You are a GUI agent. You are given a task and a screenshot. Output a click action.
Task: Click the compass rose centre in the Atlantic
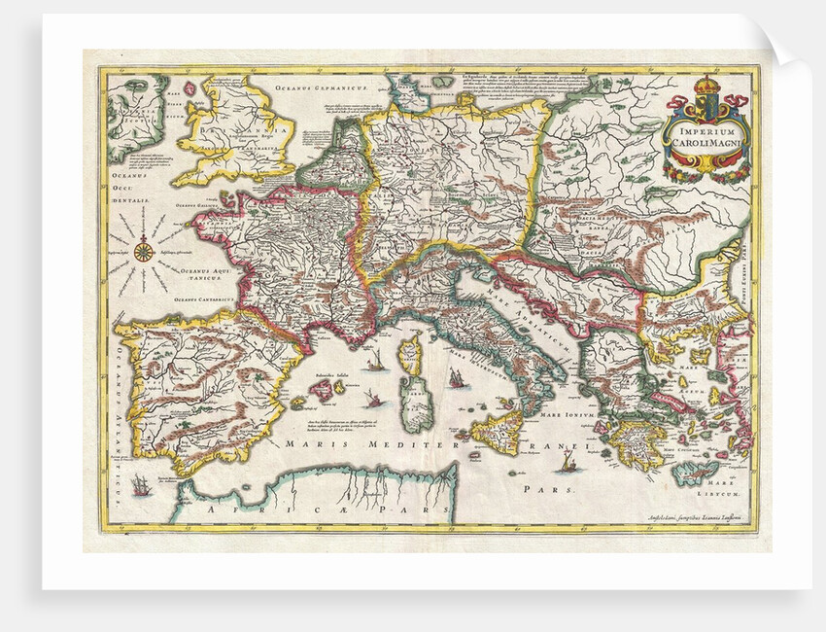[143, 252]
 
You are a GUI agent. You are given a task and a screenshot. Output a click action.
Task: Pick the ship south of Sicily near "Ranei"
[568, 463]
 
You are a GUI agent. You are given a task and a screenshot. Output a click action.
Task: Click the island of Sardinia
[417, 407]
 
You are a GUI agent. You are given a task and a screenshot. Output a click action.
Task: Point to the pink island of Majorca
[323, 391]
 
